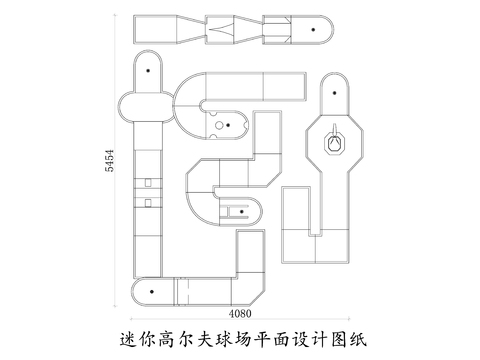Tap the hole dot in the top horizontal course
pos(314,32)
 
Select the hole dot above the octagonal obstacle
pos(336,91)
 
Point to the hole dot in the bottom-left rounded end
pos(150,291)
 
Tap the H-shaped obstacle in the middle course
pos(237,211)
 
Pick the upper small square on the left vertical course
pos(147,182)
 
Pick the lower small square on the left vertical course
pos(147,203)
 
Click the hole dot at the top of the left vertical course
pos(149,72)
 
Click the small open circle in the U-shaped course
pos(217,128)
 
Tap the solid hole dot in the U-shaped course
pos(229,125)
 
